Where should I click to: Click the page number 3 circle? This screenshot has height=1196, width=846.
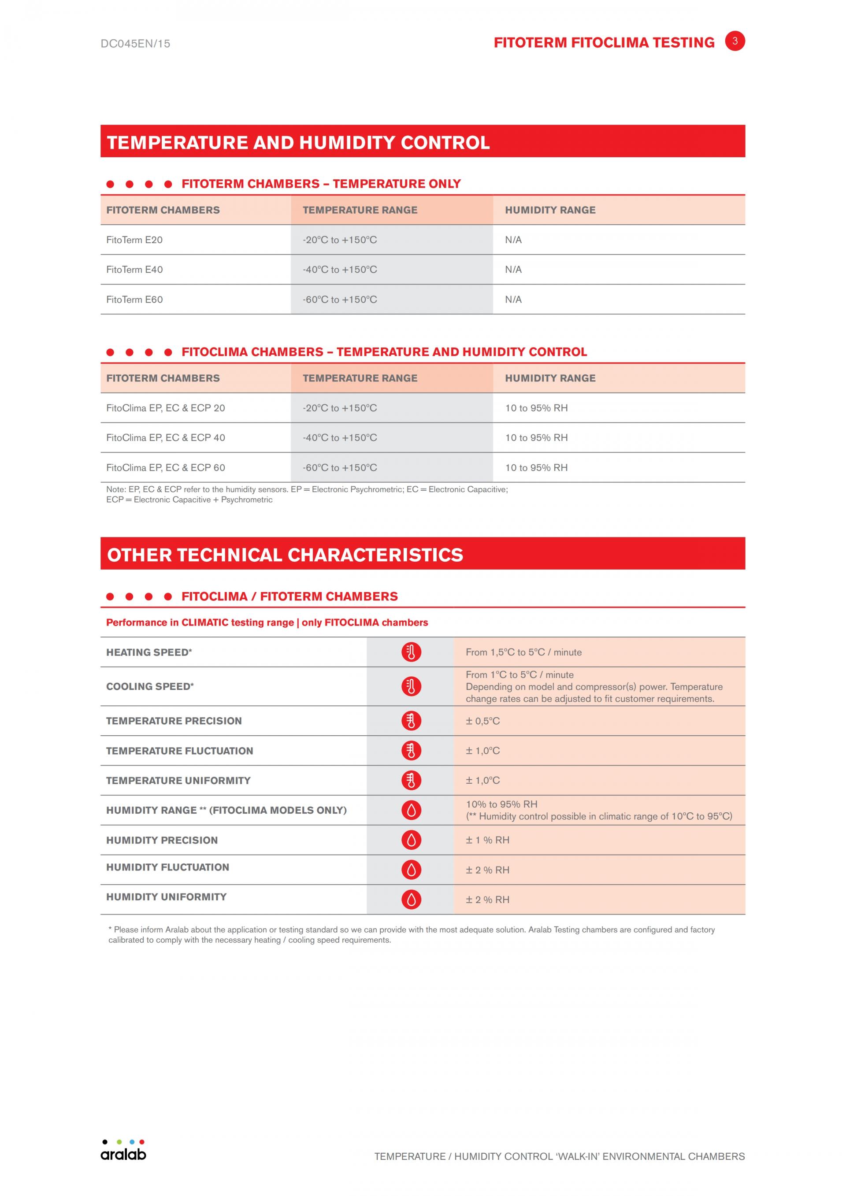[x=735, y=41]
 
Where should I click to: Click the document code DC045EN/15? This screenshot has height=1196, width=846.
[x=135, y=44]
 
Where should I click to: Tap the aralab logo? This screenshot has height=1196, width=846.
[x=123, y=1151]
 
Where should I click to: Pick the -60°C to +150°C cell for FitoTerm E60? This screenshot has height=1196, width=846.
[x=340, y=300]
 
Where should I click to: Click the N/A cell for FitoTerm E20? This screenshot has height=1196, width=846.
[x=513, y=240]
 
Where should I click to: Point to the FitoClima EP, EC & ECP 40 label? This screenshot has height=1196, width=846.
[x=166, y=437]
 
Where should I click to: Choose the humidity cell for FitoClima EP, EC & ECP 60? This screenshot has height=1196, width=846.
[x=536, y=468]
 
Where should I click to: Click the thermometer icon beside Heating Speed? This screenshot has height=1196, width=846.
[x=411, y=652]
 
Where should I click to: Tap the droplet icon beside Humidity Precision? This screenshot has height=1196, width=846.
[x=411, y=840]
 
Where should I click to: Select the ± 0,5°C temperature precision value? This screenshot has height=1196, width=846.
[x=482, y=721]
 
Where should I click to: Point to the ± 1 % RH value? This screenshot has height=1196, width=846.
[x=488, y=840]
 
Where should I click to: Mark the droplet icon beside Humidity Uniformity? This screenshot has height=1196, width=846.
[x=411, y=900]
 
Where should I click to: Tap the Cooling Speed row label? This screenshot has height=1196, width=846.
[x=150, y=687]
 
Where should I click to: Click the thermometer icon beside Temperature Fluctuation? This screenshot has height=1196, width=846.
[x=411, y=751]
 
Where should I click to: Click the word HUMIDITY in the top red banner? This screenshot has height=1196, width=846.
[x=346, y=142]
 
